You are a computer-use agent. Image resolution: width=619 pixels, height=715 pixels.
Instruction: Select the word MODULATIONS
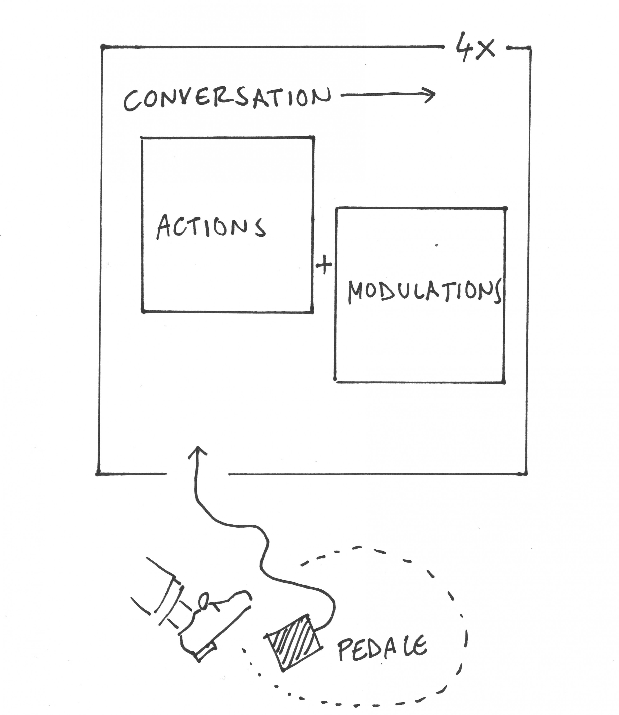[424, 292]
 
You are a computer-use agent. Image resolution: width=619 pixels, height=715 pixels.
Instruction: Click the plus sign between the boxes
[324, 265]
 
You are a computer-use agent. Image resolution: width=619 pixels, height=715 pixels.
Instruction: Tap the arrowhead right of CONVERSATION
[430, 95]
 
